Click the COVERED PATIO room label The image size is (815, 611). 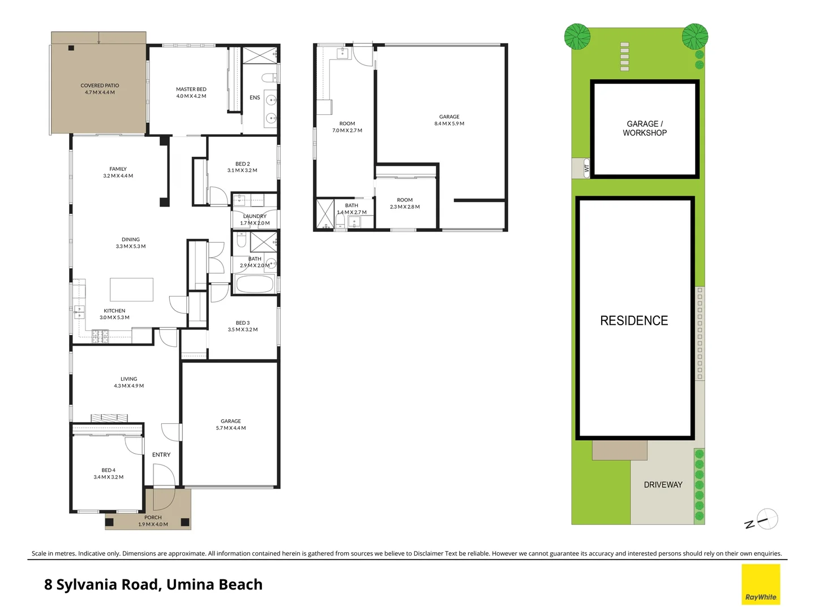(100, 86)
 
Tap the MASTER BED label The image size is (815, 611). (191, 89)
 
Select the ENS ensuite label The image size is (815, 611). (255, 98)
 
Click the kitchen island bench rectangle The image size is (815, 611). (131, 289)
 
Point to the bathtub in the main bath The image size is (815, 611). (255, 284)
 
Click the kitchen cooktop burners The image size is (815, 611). (100, 337)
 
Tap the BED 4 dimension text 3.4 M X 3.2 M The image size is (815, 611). (109, 477)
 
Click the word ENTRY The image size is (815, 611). (161, 455)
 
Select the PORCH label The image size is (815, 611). (153, 517)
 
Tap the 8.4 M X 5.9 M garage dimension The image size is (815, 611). (449, 123)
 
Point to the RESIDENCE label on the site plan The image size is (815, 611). (634, 321)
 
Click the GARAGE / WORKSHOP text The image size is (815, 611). (645, 128)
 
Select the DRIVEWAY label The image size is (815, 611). (663, 485)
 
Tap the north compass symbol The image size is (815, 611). (767, 519)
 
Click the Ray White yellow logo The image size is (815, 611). (761, 584)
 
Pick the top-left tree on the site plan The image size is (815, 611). (577, 37)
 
